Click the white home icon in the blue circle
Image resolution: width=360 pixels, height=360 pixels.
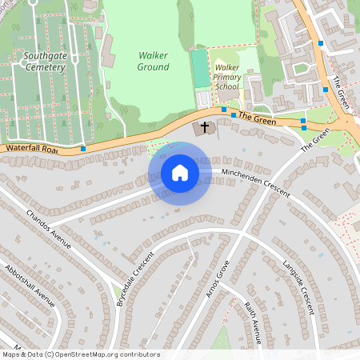(180, 173)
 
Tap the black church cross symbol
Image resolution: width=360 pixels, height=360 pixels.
(204, 127)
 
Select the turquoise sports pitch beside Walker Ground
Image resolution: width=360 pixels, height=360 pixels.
(199, 69)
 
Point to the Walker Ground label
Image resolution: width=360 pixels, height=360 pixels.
(154, 62)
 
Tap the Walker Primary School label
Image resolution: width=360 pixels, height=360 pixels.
(227, 77)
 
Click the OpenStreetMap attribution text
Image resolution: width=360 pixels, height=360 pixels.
(81, 354)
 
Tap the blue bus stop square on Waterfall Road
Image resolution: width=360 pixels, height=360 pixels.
(83, 148)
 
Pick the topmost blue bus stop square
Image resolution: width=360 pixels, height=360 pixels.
(320, 42)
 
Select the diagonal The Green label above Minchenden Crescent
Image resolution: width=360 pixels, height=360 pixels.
(314, 141)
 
